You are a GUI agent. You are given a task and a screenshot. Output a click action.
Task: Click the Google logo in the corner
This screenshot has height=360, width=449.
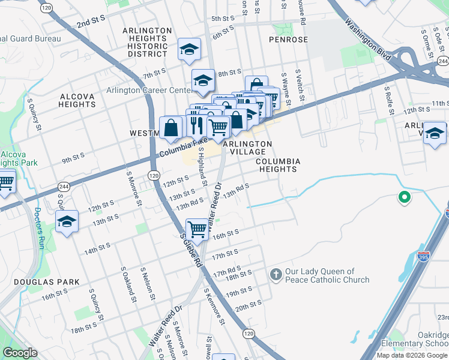[20, 353]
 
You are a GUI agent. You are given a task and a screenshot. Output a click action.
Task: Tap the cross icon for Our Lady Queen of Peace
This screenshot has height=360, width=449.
[276, 275]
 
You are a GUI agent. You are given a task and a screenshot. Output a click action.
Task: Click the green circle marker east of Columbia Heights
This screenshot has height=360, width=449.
[405, 196]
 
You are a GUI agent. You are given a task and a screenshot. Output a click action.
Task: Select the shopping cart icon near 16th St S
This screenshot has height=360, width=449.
[197, 229]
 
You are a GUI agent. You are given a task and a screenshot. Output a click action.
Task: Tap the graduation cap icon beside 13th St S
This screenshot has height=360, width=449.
[67, 221]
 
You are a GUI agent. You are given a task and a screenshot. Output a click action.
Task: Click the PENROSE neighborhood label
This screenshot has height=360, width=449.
[288, 40]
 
